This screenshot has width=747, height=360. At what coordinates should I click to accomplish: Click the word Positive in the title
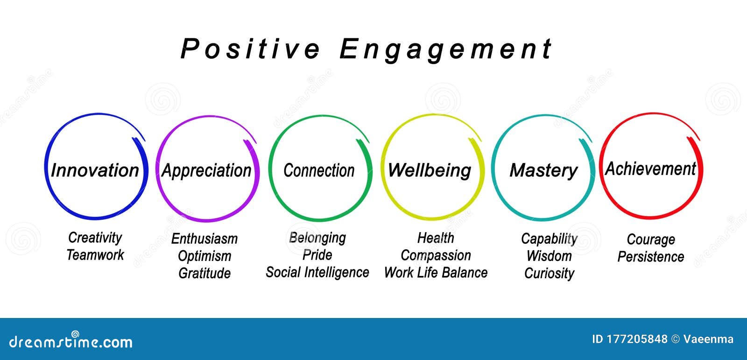click(x=250, y=49)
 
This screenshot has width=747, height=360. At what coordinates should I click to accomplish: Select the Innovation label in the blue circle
click(x=95, y=170)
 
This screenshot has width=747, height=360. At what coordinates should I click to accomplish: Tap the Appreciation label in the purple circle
click(x=206, y=170)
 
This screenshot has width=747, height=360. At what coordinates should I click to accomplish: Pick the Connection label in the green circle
click(x=319, y=170)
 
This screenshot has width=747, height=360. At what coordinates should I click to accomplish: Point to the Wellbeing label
click(x=429, y=170)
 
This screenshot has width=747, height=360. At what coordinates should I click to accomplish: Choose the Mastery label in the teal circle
click(x=543, y=170)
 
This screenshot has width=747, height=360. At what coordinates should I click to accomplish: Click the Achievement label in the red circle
click(x=650, y=169)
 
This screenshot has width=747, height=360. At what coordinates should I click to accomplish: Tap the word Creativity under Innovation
click(x=95, y=237)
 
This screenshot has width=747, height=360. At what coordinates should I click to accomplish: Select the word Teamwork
click(x=95, y=255)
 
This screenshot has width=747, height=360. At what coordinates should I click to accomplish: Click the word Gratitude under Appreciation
click(x=204, y=273)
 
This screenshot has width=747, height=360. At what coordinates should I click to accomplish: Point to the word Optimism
click(x=204, y=256)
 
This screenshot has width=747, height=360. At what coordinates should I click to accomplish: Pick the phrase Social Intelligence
click(x=317, y=272)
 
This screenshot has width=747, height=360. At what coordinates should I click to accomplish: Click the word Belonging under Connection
click(x=317, y=238)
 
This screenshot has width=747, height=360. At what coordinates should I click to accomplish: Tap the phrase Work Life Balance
click(x=436, y=273)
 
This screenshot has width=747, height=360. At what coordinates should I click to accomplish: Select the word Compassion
click(x=436, y=255)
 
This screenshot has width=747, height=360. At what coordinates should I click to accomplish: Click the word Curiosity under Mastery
click(x=549, y=273)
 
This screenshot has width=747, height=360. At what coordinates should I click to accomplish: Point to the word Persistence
click(x=650, y=257)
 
